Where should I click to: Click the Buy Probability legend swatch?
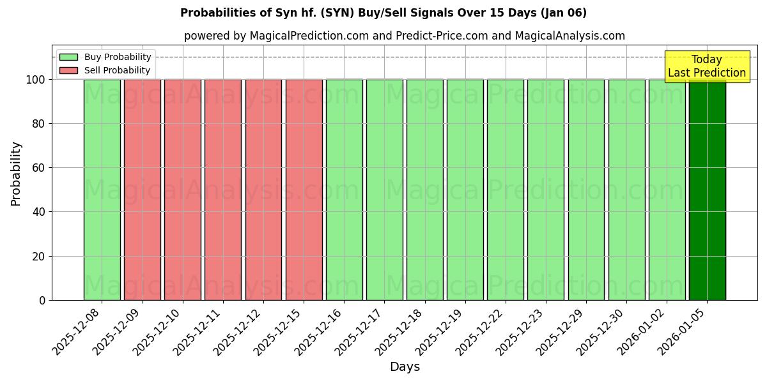[x=68, y=57]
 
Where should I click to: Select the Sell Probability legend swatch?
[x=68, y=70]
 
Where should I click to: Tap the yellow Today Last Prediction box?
[x=707, y=66]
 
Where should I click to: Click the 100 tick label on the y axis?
[x=35, y=80]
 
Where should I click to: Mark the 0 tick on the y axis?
[x=42, y=300]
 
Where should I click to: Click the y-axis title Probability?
[x=16, y=174]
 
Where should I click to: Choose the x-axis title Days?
[x=405, y=367]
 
